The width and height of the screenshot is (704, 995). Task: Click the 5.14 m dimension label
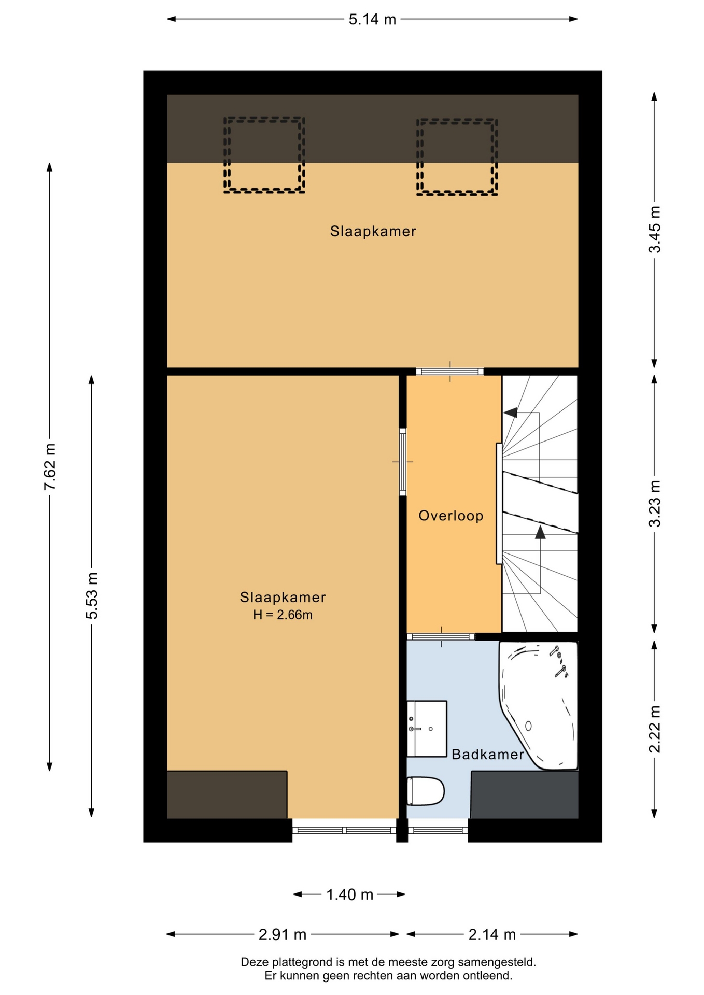click(372, 20)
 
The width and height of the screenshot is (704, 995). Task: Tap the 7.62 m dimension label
click(50, 466)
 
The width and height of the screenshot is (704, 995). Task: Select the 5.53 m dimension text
click(92, 595)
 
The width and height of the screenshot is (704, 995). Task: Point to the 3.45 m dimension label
click(655, 229)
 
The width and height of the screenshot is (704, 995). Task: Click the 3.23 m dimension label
click(655, 503)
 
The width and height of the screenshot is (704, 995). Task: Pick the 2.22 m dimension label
click(655, 729)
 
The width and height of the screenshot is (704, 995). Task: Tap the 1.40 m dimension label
click(349, 894)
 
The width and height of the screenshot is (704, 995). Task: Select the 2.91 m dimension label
click(283, 934)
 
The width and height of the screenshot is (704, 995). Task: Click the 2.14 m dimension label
click(492, 934)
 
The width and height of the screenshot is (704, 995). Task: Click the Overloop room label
click(451, 516)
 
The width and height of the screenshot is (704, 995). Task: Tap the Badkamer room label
click(488, 755)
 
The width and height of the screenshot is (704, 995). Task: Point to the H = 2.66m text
click(283, 615)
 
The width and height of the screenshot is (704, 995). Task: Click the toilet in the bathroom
click(426, 791)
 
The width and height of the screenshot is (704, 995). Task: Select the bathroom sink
click(427, 729)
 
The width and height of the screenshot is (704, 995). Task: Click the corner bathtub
click(538, 705)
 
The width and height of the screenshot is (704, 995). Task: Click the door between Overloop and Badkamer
click(441, 637)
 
